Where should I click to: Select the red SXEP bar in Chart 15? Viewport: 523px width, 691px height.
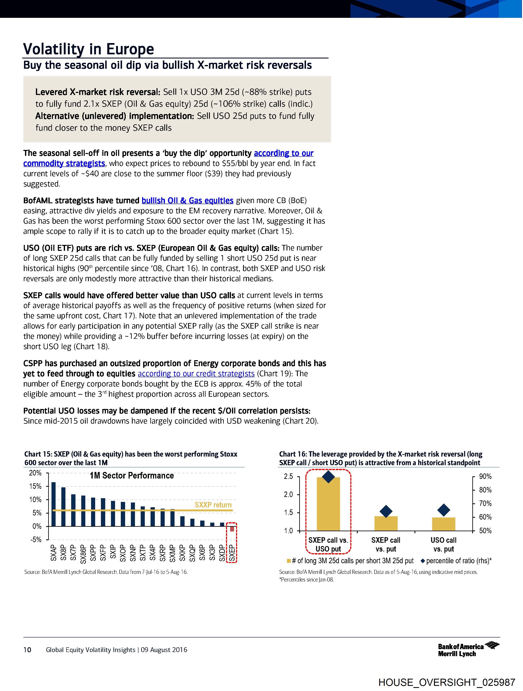pyautogui.click(x=232, y=529)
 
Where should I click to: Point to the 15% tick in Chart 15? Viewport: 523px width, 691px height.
pyautogui.click(x=35, y=486)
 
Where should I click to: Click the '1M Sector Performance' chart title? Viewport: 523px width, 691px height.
pyautogui.click(x=131, y=476)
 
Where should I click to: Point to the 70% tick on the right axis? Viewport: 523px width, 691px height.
pyautogui.click(x=485, y=504)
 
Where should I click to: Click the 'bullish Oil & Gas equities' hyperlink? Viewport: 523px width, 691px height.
pyautogui.click(x=187, y=201)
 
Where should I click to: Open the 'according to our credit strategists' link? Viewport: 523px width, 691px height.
pyautogui.click(x=196, y=374)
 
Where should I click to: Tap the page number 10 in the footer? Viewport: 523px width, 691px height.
pyautogui.click(x=27, y=650)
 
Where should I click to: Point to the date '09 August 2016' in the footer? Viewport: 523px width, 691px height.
pyautogui.click(x=164, y=650)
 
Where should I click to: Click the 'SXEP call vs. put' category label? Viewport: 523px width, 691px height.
pyautogui.click(x=386, y=545)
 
